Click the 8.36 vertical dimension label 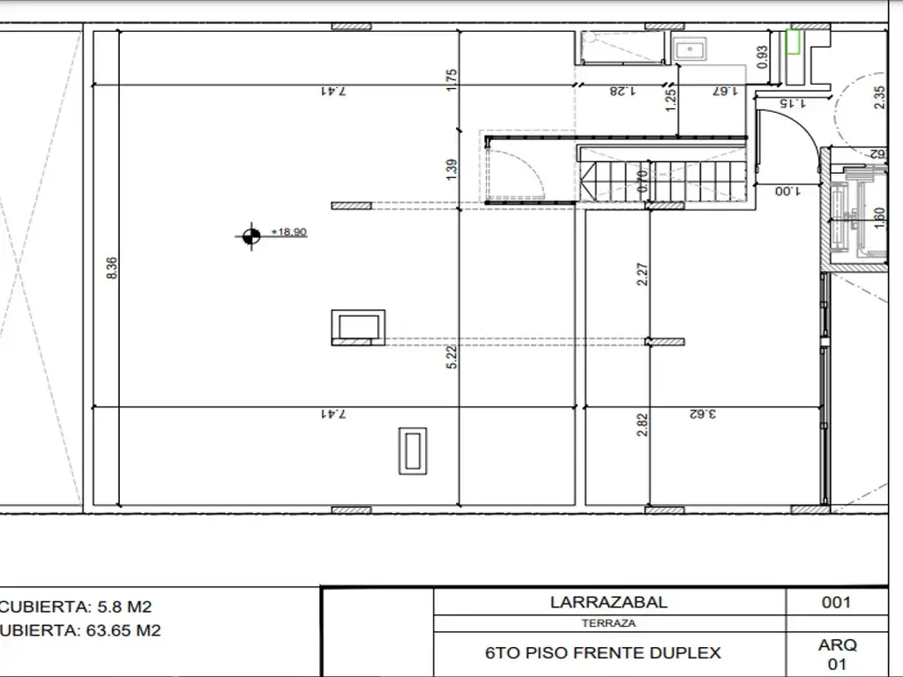[111, 269]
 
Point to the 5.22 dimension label [451, 356]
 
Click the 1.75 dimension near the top [451, 79]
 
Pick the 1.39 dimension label [451, 169]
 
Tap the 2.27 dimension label [643, 276]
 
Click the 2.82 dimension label [643, 425]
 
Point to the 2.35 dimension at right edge [878, 96]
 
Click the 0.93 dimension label [763, 56]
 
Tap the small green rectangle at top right [793, 41]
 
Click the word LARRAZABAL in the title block [608, 603]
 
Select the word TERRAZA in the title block [608, 623]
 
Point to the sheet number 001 [835, 603]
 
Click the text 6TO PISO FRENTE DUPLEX [603, 653]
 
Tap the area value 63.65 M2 [123, 630]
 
